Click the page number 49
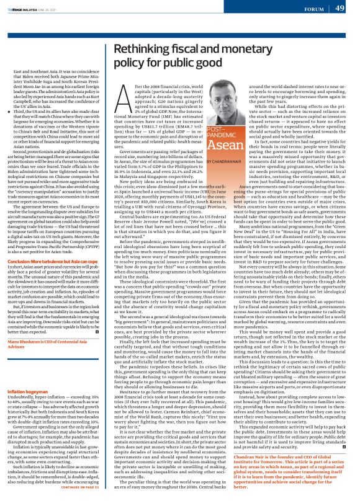tap(341, 8)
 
